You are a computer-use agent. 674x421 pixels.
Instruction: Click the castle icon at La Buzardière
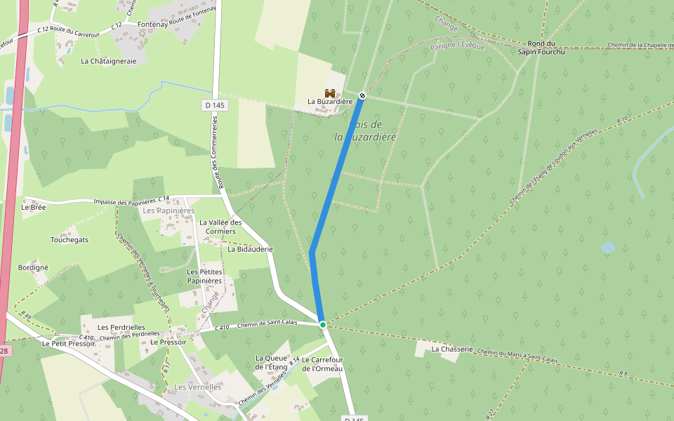coord(329,93)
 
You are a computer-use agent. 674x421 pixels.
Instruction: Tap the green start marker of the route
coord(323,324)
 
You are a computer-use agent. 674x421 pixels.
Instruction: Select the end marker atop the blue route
coord(362,95)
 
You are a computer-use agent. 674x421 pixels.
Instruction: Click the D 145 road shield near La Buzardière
coord(217,105)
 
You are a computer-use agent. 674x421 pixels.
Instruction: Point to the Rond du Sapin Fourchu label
coord(541,47)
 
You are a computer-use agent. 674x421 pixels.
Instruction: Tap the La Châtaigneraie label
coord(108,61)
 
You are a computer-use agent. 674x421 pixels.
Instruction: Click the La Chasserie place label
coord(451,349)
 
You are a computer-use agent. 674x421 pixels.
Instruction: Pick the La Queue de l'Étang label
coord(272,362)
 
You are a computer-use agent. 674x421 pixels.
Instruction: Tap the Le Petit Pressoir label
coord(68,344)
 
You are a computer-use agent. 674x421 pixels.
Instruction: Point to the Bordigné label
coord(33,267)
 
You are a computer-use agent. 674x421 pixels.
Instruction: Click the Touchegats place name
coord(70,239)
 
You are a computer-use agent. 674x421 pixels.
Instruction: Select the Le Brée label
coord(33,207)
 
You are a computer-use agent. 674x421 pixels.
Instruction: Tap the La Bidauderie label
coord(250,249)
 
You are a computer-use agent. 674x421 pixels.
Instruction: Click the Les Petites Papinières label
coord(204,276)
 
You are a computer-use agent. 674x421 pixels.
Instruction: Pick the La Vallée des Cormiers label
coord(220,227)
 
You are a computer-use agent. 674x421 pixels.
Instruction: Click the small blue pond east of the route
coord(607,248)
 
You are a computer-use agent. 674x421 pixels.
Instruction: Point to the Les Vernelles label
coord(197,387)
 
